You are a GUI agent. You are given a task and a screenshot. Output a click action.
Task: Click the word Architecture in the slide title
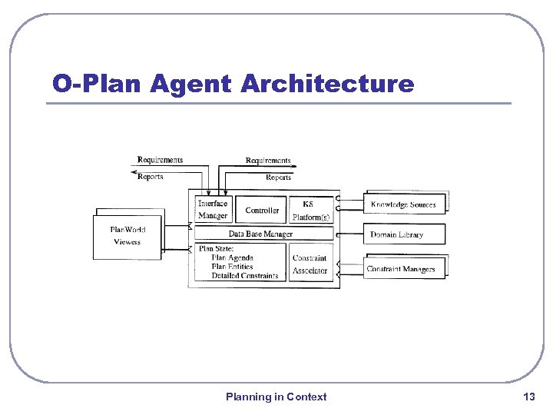(326, 84)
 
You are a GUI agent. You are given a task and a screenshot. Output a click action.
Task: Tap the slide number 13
(528, 397)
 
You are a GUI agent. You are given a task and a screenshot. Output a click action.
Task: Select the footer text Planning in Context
(276, 397)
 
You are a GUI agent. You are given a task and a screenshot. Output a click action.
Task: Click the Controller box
(262, 210)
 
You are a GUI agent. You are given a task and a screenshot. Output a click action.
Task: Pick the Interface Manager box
(213, 210)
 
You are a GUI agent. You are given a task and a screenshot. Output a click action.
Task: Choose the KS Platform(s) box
(310, 210)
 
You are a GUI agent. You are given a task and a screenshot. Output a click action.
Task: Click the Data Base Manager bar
(260, 234)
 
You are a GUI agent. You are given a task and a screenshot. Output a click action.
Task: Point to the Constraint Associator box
(310, 264)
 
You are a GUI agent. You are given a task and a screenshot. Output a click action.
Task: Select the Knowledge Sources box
(403, 204)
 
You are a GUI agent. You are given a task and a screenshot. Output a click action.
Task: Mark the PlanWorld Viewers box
(127, 236)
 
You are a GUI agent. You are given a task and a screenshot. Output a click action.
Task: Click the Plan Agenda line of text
(232, 258)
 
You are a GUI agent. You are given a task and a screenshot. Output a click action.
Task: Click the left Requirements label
(160, 160)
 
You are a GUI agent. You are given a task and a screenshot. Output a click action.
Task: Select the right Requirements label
(268, 161)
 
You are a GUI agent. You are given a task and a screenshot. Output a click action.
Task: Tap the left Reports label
(150, 177)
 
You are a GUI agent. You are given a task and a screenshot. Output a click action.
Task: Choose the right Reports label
(278, 178)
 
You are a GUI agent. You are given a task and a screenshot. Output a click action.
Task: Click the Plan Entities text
(233, 267)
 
